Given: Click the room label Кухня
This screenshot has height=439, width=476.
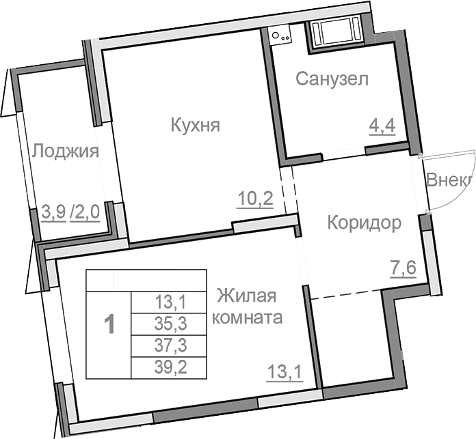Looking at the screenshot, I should [x=195, y=125].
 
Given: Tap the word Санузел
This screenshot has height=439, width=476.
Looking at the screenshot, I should [x=332, y=79].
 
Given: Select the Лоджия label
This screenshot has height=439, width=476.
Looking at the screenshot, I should [x=66, y=150].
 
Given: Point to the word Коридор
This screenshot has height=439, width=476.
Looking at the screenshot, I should [x=363, y=223].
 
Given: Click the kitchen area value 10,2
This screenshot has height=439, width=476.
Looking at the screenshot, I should [x=256, y=199].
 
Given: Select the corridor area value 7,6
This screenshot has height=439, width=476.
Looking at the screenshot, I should [x=403, y=268].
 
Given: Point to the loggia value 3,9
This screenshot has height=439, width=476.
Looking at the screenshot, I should [x=53, y=212].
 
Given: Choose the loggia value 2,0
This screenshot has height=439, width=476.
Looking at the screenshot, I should [x=87, y=212].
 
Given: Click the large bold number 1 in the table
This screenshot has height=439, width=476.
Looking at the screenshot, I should [x=108, y=324].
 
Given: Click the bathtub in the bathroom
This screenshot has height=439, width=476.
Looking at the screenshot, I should [x=335, y=31].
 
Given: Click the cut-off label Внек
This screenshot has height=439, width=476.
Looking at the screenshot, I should [x=449, y=180].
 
